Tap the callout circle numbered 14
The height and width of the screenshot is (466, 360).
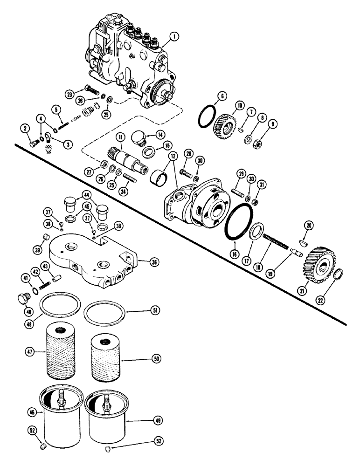(160, 134)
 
